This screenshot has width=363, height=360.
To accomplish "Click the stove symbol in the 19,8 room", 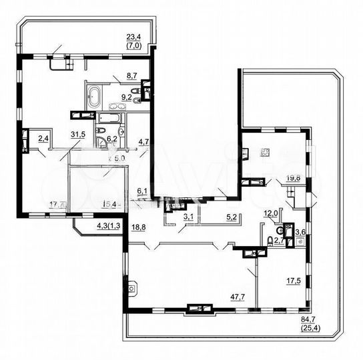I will pyautogui.click(x=265, y=153).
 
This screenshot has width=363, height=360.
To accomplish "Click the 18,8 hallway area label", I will pyautogui.click(x=138, y=226).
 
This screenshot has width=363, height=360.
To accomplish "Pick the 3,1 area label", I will pyautogui.click(x=189, y=215).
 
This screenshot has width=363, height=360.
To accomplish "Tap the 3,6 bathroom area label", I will pyautogui.click(x=300, y=231).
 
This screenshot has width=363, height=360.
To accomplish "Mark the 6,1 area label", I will pyautogui.click(x=142, y=191).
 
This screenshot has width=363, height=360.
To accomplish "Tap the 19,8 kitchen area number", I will pyautogui.click(x=292, y=178).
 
